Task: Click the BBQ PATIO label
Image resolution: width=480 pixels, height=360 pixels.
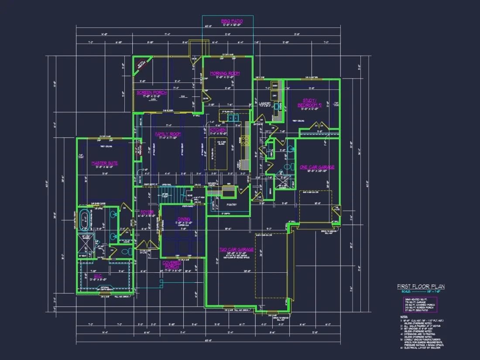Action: pyautogui.click(x=231, y=21)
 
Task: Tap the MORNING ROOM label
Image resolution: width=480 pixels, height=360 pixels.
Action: pyautogui.click(x=225, y=73)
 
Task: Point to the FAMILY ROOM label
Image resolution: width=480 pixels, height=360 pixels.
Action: pyautogui.click(x=168, y=134)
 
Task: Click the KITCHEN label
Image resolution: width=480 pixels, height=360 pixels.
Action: pyautogui.click(x=217, y=130)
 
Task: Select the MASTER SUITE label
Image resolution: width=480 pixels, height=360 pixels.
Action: pyautogui.click(x=105, y=163)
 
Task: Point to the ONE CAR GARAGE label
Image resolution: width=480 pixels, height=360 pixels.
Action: pyautogui.click(x=317, y=167)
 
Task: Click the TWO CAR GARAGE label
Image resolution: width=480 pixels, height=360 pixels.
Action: pyautogui.click(x=236, y=250)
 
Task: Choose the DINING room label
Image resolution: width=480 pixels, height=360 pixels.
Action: pyautogui.click(x=184, y=219)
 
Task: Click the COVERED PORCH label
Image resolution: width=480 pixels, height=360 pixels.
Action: pyautogui.click(x=171, y=265)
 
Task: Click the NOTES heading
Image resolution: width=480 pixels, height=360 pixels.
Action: pyautogui.click(x=404, y=317)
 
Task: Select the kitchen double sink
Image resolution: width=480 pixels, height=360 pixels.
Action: pyautogui.click(x=232, y=117)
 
